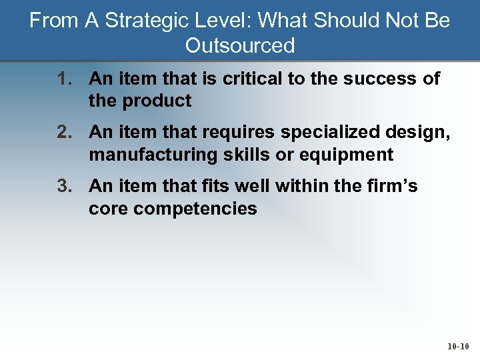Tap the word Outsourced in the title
coord(240,45)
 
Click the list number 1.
coord(64,79)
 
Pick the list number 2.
coord(64,133)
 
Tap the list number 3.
coord(64,186)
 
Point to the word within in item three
coord(295,186)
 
